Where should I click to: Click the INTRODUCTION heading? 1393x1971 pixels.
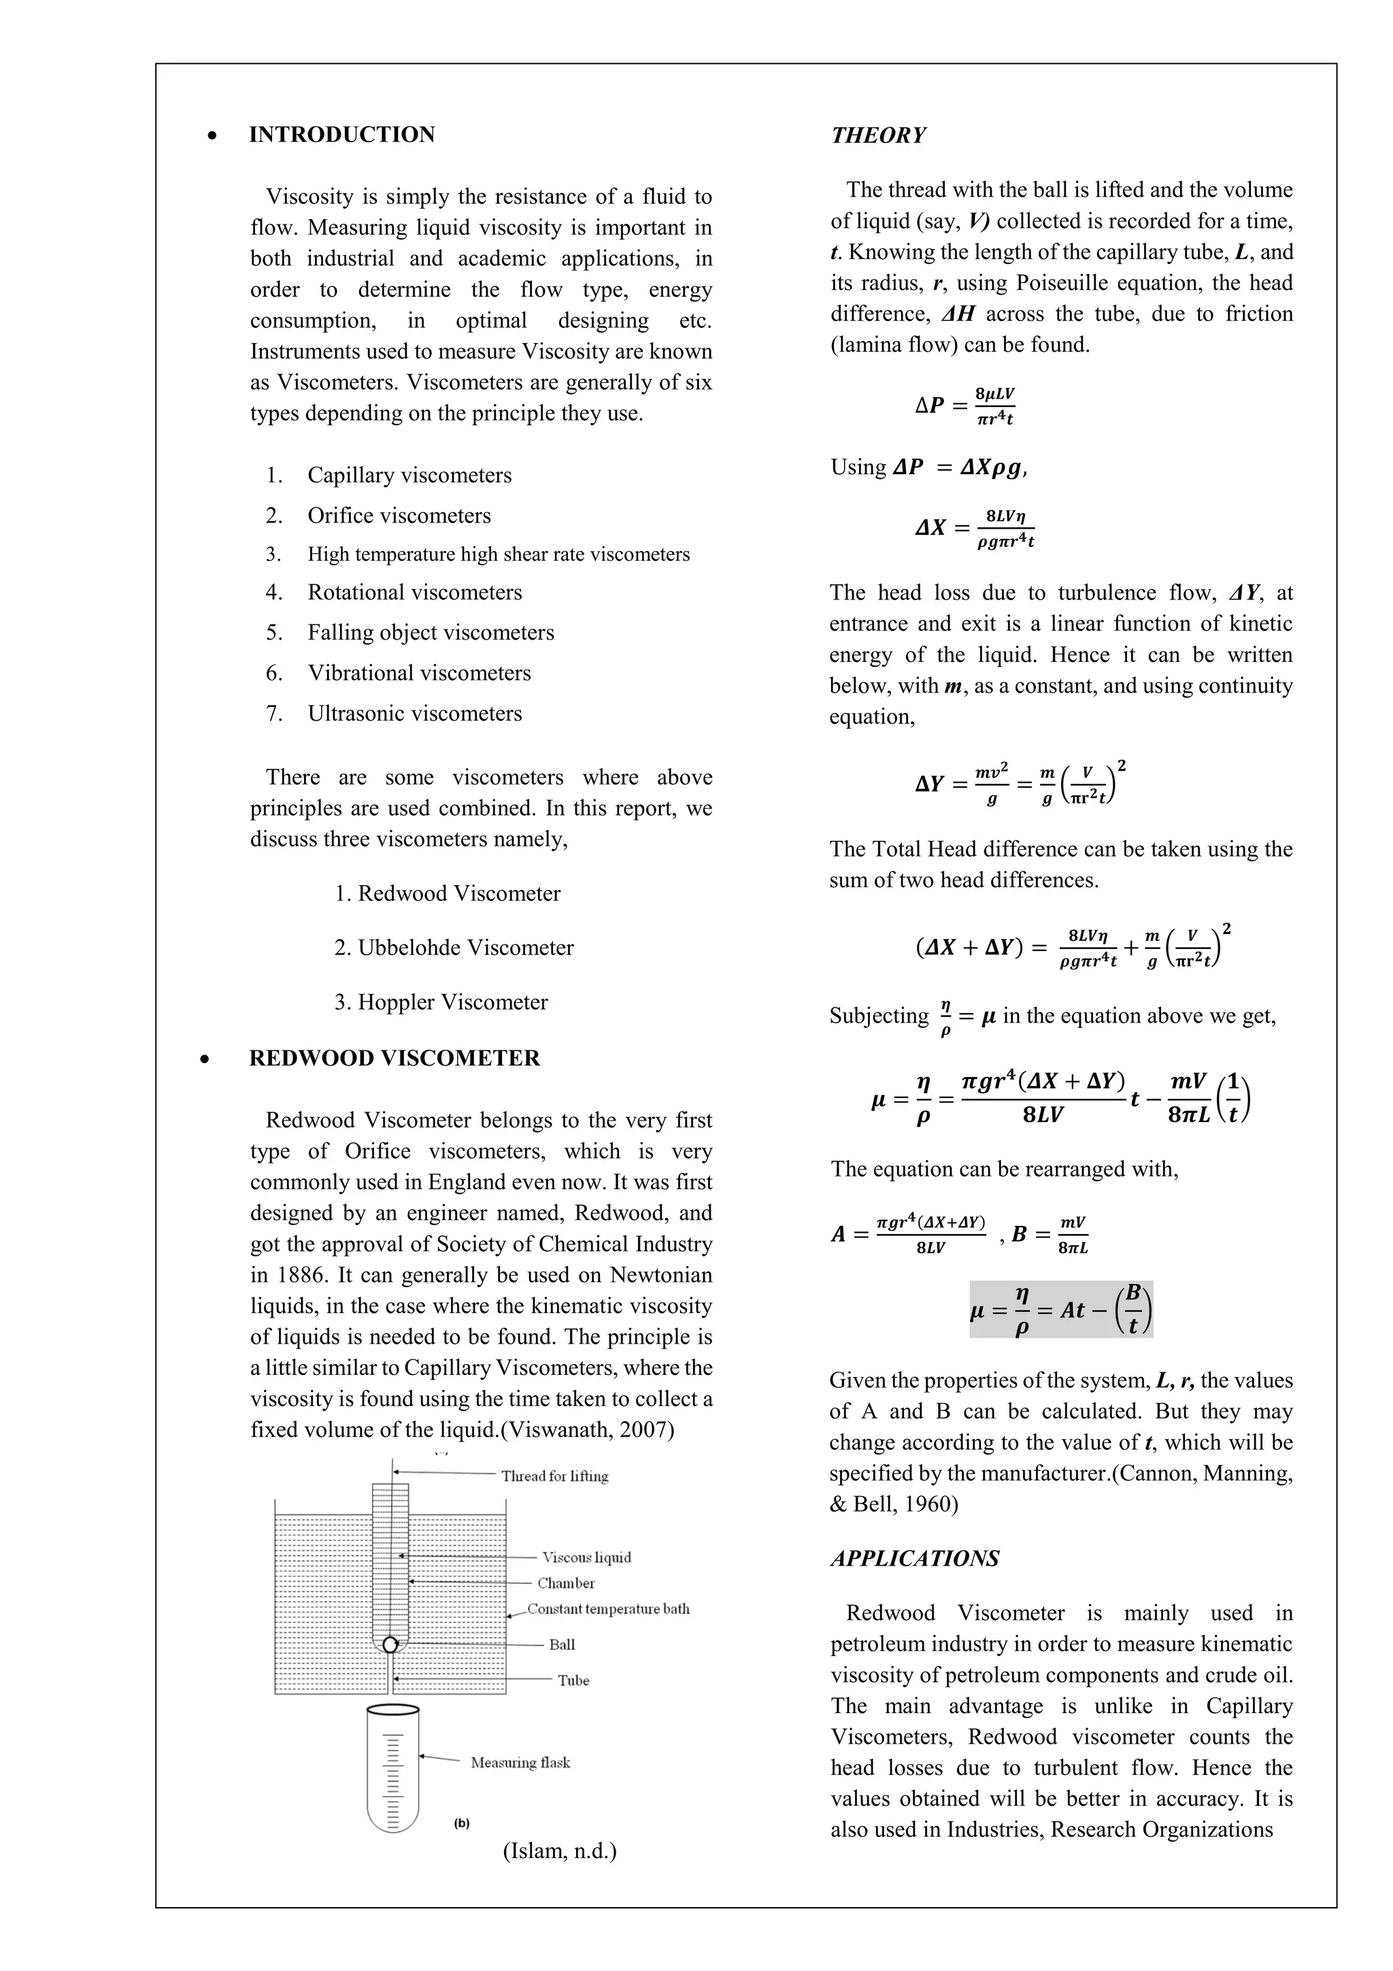coord(341,135)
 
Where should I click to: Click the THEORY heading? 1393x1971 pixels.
coord(878,135)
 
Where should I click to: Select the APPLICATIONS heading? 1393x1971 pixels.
coord(915,1558)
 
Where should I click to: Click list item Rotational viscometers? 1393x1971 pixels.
coord(414,593)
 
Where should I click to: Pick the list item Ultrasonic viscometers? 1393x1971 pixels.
coord(414,714)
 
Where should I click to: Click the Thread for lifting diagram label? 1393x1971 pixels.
coord(554,1476)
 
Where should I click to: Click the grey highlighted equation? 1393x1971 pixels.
coord(1061,1310)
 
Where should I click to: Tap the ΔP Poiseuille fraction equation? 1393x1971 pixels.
coord(966,406)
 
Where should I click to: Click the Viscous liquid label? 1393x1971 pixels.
coord(587,1557)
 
